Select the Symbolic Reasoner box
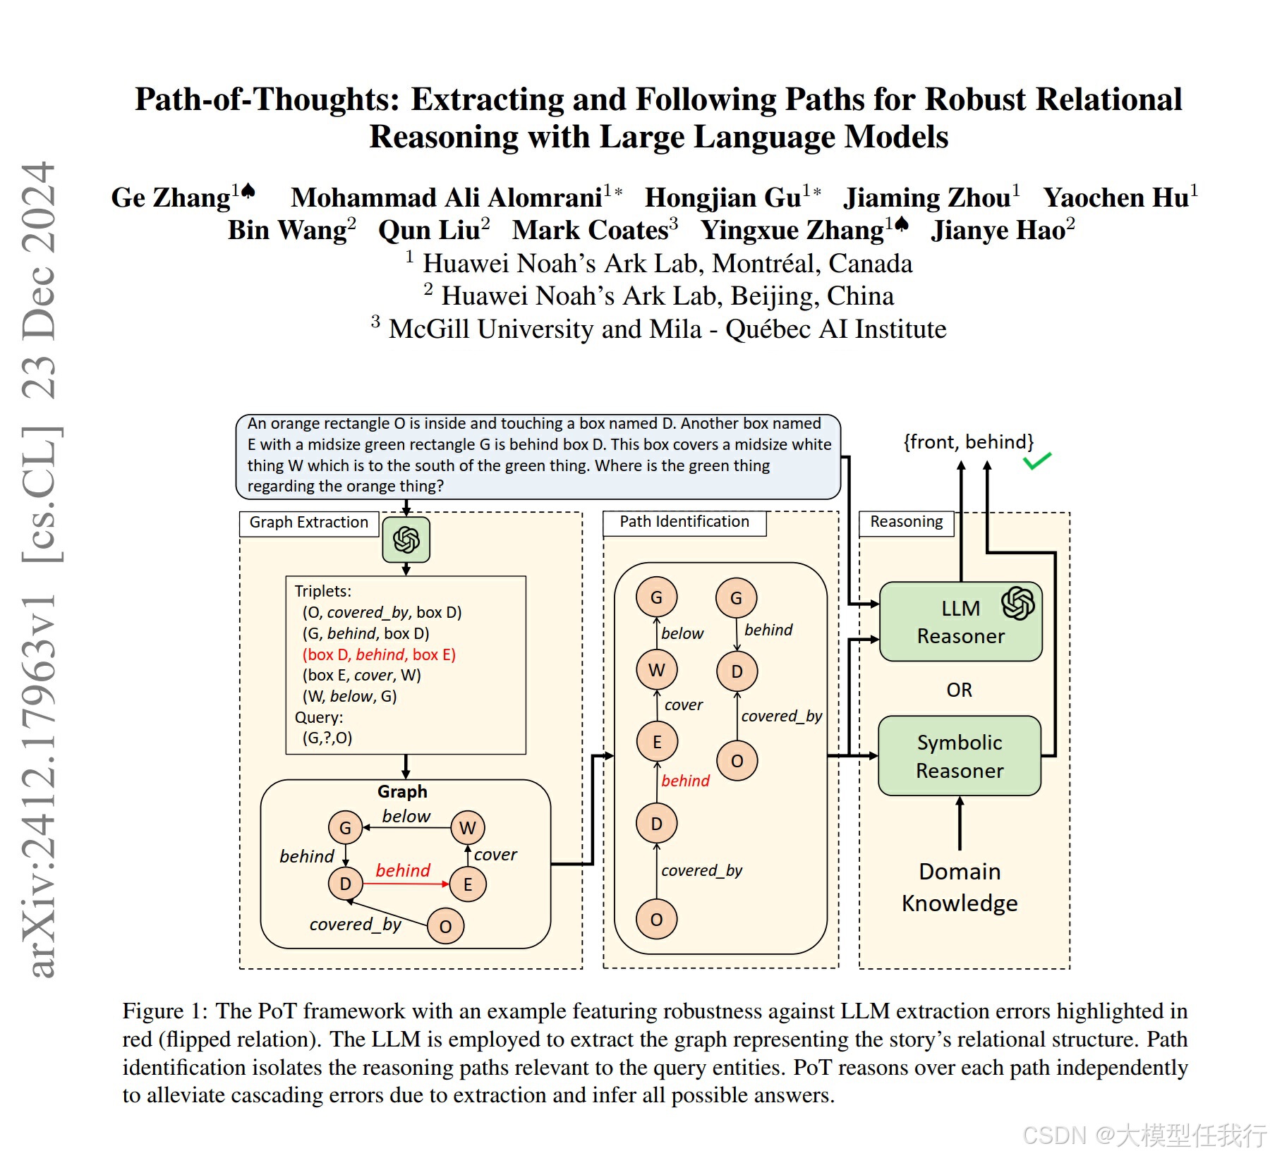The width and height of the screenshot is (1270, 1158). (959, 756)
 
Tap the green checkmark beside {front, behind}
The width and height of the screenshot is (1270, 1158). (1036, 461)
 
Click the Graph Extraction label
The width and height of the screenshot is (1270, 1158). (309, 523)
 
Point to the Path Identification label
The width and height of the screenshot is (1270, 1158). (684, 522)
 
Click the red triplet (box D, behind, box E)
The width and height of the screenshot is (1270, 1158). (379, 654)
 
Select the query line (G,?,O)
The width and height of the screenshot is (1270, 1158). (327, 738)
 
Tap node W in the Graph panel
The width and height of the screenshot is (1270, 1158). (467, 828)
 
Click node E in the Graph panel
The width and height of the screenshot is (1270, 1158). (467, 884)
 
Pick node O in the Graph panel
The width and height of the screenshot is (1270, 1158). (445, 926)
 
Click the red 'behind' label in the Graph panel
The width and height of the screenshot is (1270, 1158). (403, 870)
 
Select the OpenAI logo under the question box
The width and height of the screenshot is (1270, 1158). (406, 540)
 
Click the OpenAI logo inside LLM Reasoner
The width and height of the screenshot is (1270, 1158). (1017, 603)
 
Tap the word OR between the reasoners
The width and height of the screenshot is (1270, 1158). (959, 690)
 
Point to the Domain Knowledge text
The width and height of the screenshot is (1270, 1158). (960, 887)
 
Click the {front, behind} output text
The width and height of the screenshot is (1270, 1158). (968, 442)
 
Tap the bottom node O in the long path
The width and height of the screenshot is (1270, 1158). (656, 920)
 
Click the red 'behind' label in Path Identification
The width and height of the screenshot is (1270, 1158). (685, 781)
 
